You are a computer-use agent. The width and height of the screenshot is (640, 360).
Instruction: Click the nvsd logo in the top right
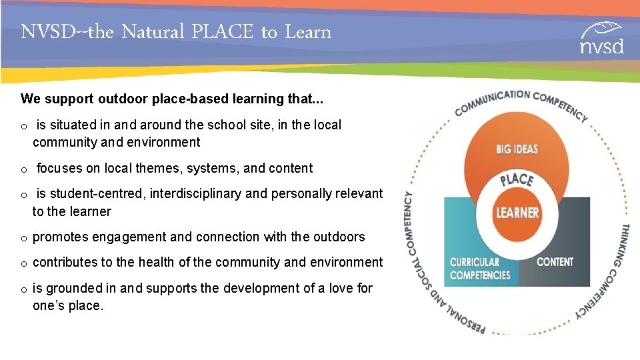click(601, 38)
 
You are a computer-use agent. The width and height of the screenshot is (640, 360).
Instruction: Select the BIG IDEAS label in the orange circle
click(517, 149)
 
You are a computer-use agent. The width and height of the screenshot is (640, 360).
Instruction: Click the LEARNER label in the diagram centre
click(517, 213)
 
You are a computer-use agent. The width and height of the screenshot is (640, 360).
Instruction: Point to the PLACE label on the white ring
click(517, 180)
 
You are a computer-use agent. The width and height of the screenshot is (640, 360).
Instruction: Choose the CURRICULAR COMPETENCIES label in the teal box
click(479, 269)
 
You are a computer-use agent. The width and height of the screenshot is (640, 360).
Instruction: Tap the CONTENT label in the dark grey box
click(555, 262)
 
